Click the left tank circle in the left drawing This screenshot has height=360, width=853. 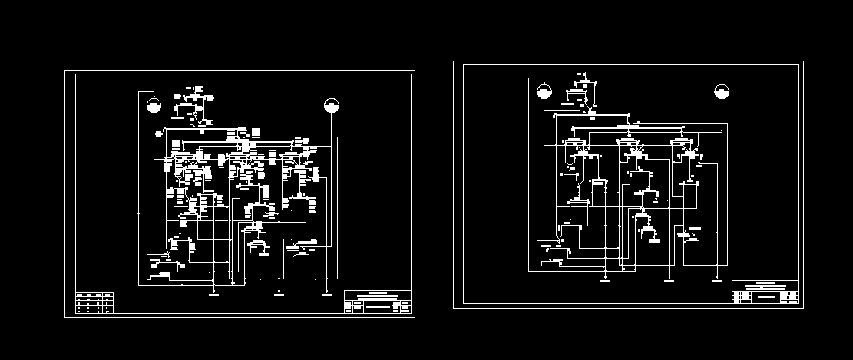pyautogui.click(x=154, y=105)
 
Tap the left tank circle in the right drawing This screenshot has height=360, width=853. pyautogui.click(x=544, y=92)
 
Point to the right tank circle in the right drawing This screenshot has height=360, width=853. pyautogui.click(x=721, y=92)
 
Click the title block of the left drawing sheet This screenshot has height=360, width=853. pyautogui.click(x=377, y=302)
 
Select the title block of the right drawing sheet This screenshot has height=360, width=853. pyautogui.click(x=765, y=292)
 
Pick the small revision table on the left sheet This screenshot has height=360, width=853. pyautogui.click(x=94, y=303)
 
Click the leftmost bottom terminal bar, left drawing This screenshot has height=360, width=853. pyautogui.click(x=215, y=293)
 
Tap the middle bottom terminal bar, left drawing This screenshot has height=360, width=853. pyautogui.click(x=278, y=293)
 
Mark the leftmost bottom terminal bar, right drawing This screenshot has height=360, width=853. pyautogui.click(x=605, y=282)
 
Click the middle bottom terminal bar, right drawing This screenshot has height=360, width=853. pyautogui.click(x=669, y=282)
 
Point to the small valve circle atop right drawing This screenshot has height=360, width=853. pyautogui.click(x=586, y=101)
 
